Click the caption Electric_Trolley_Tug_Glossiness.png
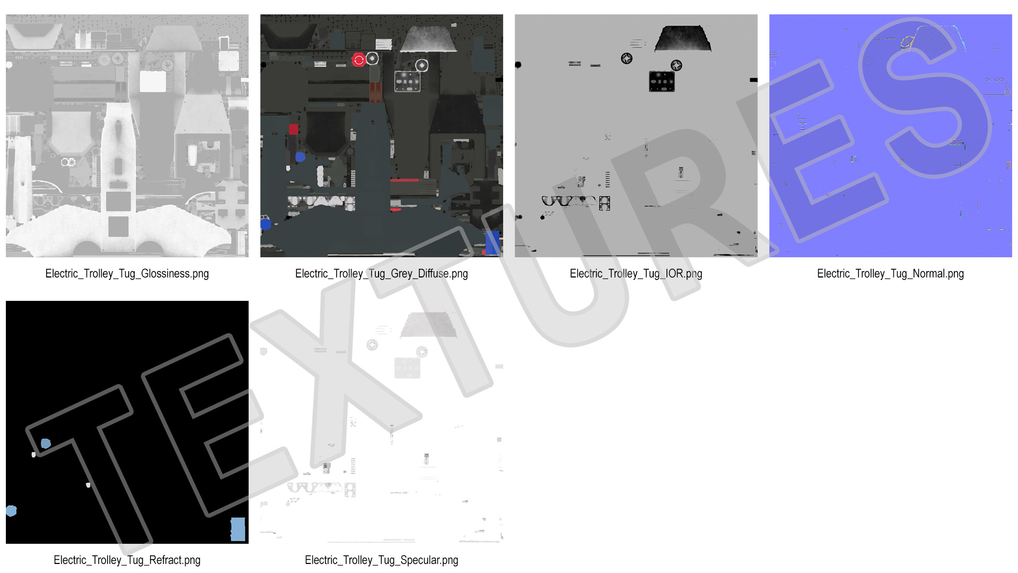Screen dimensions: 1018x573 [127, 274]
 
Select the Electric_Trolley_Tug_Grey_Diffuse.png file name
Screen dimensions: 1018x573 [381, 274]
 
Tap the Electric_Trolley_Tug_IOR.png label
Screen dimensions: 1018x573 [636, 274]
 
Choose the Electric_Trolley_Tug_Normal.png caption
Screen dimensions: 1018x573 [890, 274]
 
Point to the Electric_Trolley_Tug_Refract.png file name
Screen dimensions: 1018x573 [127, 560]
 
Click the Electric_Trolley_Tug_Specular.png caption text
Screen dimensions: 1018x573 [381, 560]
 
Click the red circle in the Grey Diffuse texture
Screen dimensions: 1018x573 [358, 60]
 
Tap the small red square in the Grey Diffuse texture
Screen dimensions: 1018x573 [293, 129]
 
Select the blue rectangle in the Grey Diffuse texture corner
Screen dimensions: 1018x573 [492, 242]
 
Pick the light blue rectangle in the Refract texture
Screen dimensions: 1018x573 [238, 529]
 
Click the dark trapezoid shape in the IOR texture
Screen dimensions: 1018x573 [682, 38]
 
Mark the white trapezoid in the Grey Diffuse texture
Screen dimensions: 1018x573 [428, 38]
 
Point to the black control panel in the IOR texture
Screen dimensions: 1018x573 [662, 81]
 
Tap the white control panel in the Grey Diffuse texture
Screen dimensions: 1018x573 [407, 81]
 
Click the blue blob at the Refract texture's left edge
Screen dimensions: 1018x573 [11, 511]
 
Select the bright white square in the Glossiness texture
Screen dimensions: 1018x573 [153, 82]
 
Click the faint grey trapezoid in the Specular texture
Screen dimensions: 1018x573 [428, 325]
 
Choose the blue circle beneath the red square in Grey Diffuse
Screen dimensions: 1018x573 [300, 157]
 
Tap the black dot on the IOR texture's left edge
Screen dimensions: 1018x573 [518, 65]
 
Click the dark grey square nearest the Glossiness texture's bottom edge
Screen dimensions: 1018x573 [118, 227]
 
